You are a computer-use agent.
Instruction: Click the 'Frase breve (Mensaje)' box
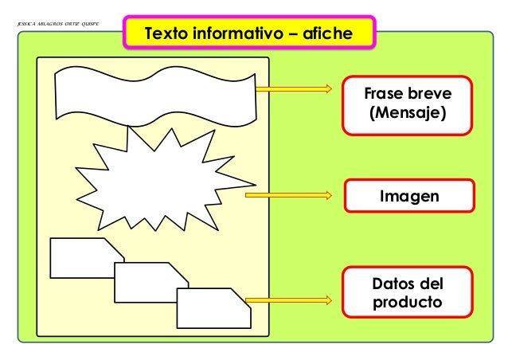click(x=407, y=104)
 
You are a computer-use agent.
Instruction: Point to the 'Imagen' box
click(x=408, y=195)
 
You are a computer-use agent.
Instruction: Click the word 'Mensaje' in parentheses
click(x=407, y=114)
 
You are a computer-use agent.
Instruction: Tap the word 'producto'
click(x=408, y=303)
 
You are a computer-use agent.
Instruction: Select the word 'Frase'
click(x=383, y=94)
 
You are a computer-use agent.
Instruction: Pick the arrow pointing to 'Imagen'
click(x=287, y=194)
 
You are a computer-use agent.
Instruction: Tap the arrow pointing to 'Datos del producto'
click(x=287, y=300)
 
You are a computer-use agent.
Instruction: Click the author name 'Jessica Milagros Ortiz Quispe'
click(x=56, y=23)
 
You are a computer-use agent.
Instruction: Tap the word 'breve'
click(x=431, y=94)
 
